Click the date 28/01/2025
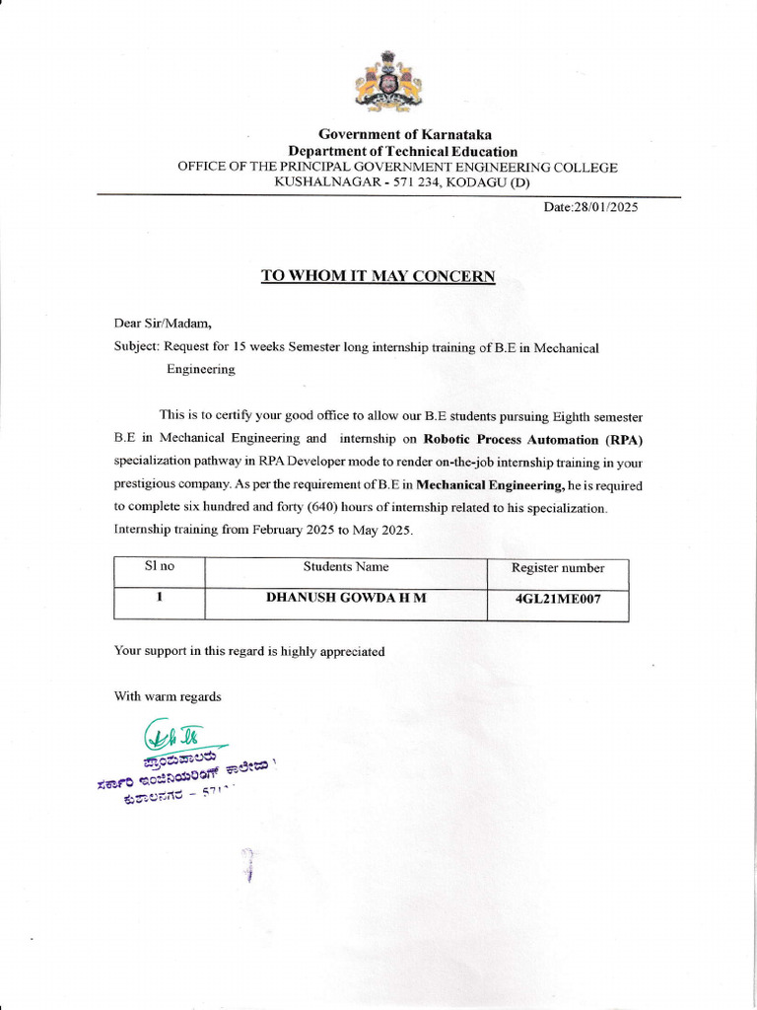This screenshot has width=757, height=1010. (x=591, y=208)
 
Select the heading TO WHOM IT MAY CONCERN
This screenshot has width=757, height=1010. (x=378, y=276)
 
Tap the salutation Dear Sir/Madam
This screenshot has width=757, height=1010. (x=162, y=323)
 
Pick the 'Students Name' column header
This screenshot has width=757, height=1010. (x=345, y=567)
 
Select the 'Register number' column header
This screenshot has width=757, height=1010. (x=558, y=568)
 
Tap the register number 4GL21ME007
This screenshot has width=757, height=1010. (x=558, y=599)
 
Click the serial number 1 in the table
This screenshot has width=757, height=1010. (x=159, y=598)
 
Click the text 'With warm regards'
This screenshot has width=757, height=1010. (x=168, y=696)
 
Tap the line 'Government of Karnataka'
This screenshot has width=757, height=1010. (x=404, y=134)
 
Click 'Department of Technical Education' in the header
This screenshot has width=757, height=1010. (x=402, y=151)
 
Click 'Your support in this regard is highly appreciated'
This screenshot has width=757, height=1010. (x=249, y=651)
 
